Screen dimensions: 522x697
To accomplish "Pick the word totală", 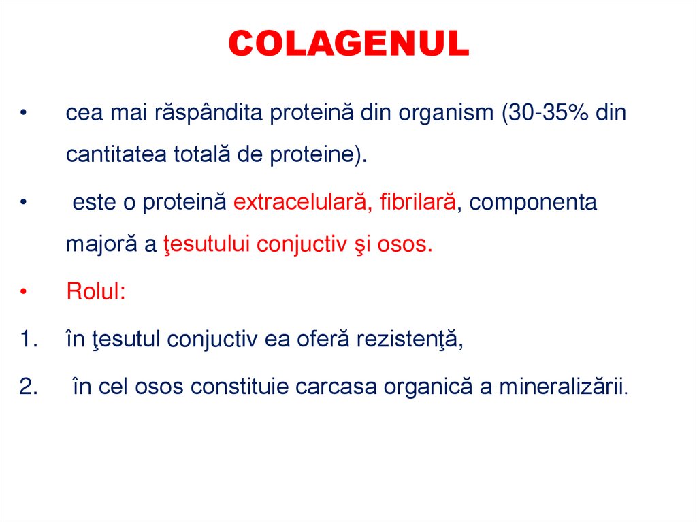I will click(x=201, y=154).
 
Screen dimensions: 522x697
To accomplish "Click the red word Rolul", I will click(x=95, y=292).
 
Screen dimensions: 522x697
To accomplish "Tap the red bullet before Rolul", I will click(x=23, y=293).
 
